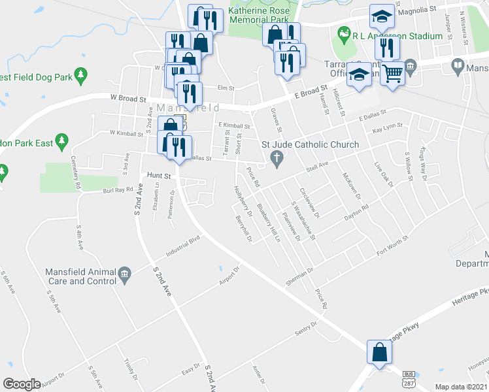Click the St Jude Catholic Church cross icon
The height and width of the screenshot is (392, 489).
[x=277, y=158]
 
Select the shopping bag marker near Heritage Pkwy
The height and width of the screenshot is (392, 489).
[x=379, y=353]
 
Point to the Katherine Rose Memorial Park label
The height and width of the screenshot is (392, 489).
[x=258, y=16]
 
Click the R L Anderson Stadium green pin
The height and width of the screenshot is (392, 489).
[x=343, y=33]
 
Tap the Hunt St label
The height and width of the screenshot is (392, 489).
[x=158, y=175]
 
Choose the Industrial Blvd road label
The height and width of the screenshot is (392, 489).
[x=182, y=248]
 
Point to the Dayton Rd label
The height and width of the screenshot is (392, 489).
[x=357, y=211]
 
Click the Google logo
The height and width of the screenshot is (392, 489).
[x=22, y=384]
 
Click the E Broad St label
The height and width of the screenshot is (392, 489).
[x=310, y=92]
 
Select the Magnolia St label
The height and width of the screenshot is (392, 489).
[x=418, y=10]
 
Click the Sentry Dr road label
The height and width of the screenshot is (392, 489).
[x=305, y=327]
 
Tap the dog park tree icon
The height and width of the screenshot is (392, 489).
[x=81, y=76]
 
